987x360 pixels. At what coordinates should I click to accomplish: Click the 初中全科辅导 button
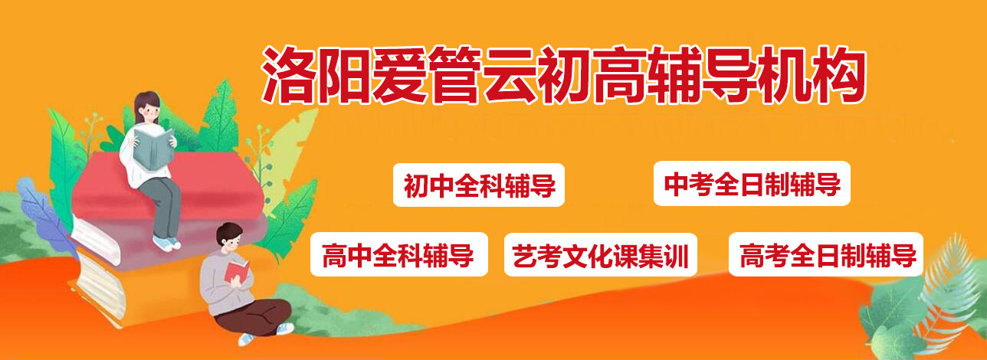(x=479, y=185)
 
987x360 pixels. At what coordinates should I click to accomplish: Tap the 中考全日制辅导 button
(x=752, y=184)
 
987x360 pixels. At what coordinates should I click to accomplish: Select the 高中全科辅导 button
(x=398, y=255)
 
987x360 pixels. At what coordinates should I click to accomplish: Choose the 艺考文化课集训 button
(x=601, y=255)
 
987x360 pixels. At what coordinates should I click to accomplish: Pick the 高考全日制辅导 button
(x=826, y=255)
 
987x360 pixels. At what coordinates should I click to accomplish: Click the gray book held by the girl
(x=154, y=148)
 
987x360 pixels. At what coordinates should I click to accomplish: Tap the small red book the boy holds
(x=236, y=271)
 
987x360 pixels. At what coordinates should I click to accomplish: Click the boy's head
(x=230, y=238)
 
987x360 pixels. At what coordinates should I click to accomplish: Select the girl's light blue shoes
(x=166, y=244)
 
